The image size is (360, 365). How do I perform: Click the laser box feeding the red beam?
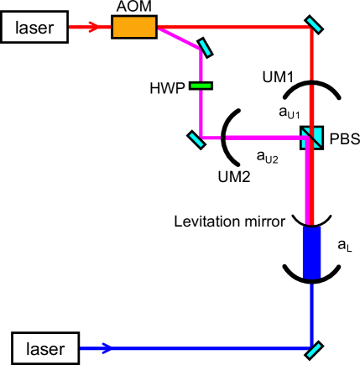tap(34, 28)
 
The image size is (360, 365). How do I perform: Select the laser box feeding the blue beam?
tap(45, 347)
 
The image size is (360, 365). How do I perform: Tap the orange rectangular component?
tap(134, 27)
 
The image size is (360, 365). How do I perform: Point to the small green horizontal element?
tap(201, 85)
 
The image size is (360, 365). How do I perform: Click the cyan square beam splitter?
tap(311, 137)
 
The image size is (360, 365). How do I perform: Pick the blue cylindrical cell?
tap(311, 252)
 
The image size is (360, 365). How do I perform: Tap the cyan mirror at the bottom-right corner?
tap(313, 347)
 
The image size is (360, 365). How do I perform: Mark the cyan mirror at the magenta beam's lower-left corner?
tap(197, 138)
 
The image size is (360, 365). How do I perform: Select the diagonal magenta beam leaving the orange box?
tap(178, 37)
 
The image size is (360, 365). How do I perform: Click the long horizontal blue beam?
tap(210, 347)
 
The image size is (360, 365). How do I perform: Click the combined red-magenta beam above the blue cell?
tap(311, 185)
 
